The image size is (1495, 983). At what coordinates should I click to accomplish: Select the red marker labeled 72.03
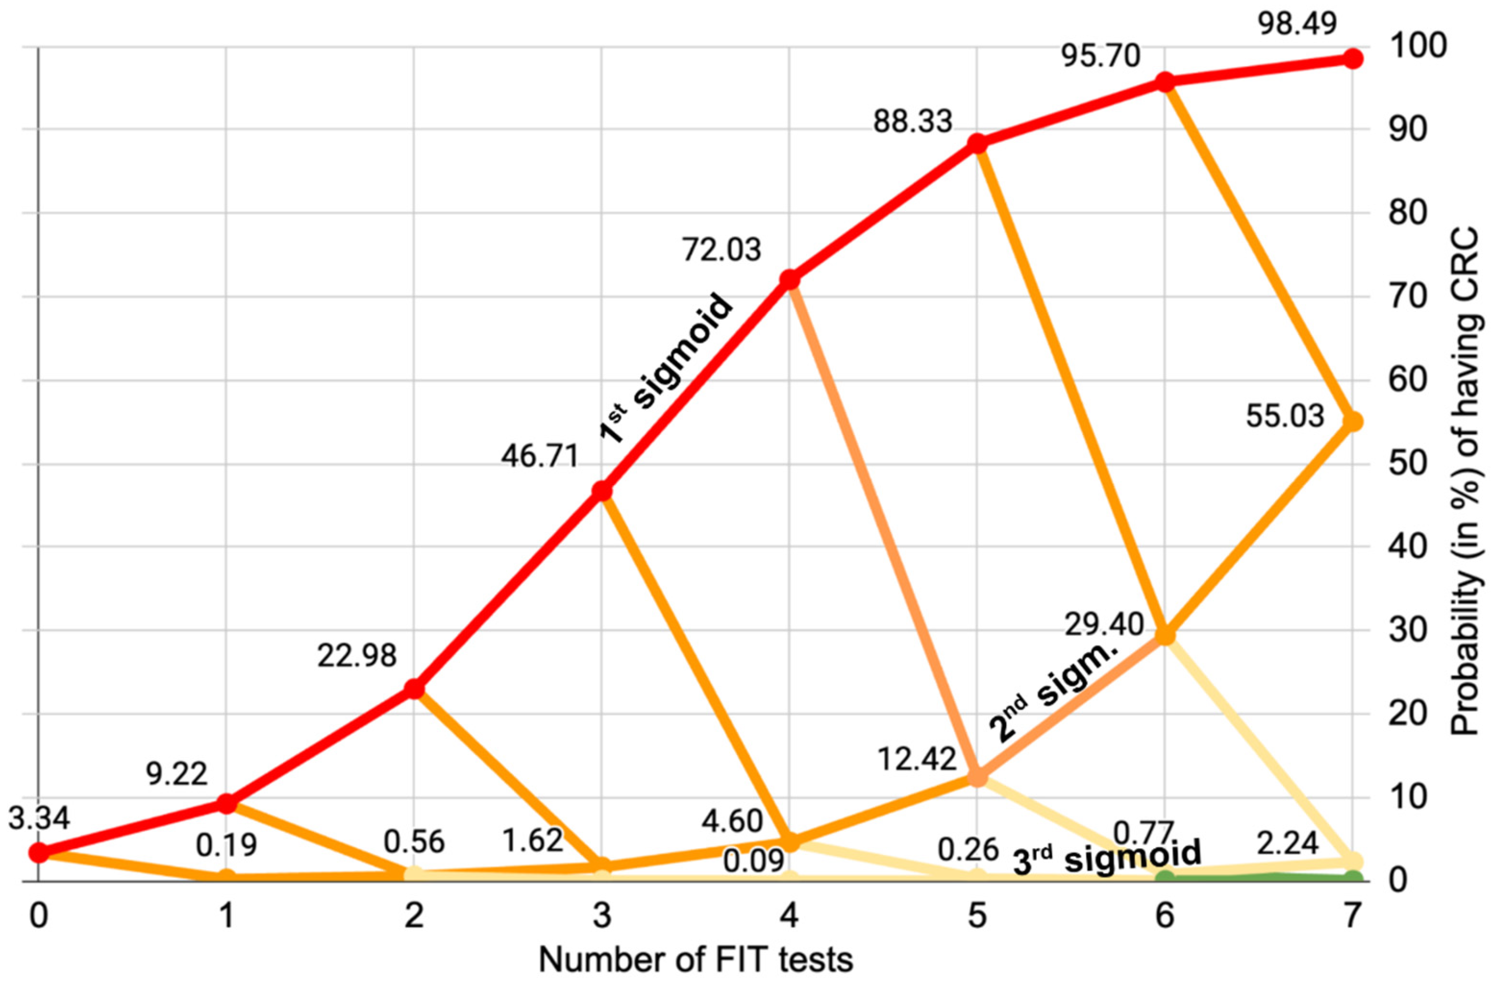(x=790, y=279)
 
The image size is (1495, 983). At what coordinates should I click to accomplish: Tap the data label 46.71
(x=539, y=455)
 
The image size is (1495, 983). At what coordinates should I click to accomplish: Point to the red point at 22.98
(x=413, y=689)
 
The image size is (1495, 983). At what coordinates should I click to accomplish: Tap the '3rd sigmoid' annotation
(x=1107, y=857)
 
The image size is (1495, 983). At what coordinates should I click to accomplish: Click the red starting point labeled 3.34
(x=38, y=852)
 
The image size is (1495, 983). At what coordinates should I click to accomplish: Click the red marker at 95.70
(x=1165, y=82)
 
